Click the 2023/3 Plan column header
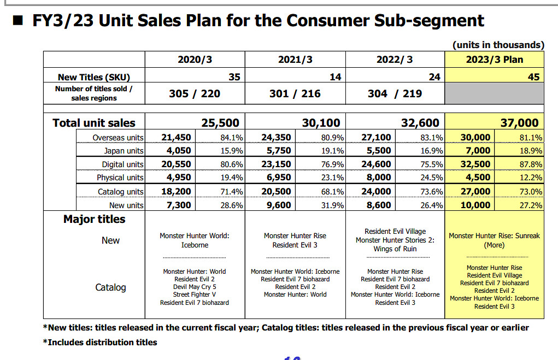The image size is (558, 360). pyautogui.click(x=495, y=60)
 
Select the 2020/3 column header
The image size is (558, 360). pyautogui.click(x=195, y=60)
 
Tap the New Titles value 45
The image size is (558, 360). pyautogui.click(x=533, y=77)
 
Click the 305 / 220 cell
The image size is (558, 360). pyautogui.click(x=195, y=93)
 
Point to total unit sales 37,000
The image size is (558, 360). pyautogui.click(x=519, y=123)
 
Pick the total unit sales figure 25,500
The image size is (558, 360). pyautogui.click(x=220, y=123)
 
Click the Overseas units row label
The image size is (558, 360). pyautogui.click(x=118, y=138)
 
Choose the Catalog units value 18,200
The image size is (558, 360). pyautogui.click(x=176, y=191)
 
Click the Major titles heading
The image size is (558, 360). pyautogui.click(x=94, y=219)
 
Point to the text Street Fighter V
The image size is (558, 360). pyautogui.click(x=194, y=294)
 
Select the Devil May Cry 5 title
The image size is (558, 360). pyautogui.click(x=194, y=287)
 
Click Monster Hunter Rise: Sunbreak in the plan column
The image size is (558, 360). pyautogui.click(x=494, y=236)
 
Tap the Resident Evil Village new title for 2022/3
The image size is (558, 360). pyautogui.click(x=395, y=232)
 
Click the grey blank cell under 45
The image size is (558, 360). pyautogui.click(x=495, y=93)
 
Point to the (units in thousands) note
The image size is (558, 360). pyautogui.click(x=498, y=45)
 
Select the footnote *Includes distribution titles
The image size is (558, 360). pyautogui.click(x=100, y=343)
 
